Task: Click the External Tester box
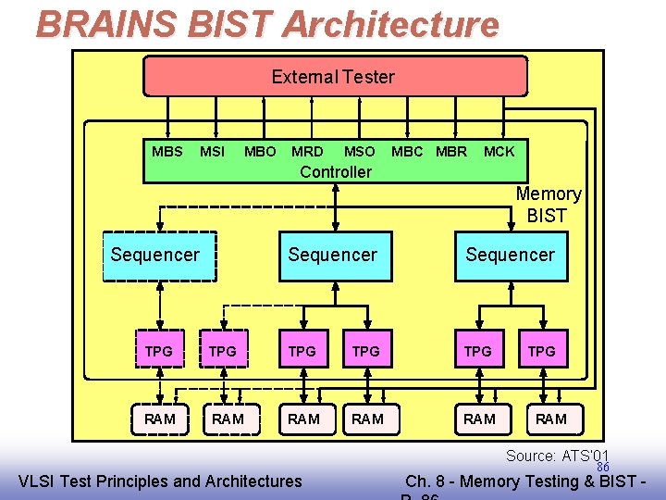pyautogui.click(x=334, y=77)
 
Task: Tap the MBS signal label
pyautogui.click(x=167, y=151)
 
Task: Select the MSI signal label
pyautogui.click(x=212, y=151)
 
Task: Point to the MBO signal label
pyautogui.click(x=260, y=151)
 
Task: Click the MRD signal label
pyautogui.click(x=307, y=151)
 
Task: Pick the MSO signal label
pyautogui.click(x=359, y=151)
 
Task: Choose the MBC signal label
pyautogui.click(x=408, y=151)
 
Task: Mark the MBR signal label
pyautogui.click(x=451, y=151)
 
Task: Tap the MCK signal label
pyautogui.click(x=499, y=151)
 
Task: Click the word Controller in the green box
pyautogui.click(x=336, y=172)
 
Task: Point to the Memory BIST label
pyautogui.click(x=549, y=205)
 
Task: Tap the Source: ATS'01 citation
pyautogui.click(x=557, y=456)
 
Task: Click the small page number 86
pyautogui.click(x=603, y=467)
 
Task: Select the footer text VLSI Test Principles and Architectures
pyautogui.click(x=160, y=481)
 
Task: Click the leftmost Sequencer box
pyautogui.click(x=155, y=255)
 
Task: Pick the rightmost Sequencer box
pyautogui.click(x=510, y=255)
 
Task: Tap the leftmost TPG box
pyautogui.click(x=159, y=352)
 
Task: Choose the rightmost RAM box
pyautogui.click(x=551, y=419)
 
